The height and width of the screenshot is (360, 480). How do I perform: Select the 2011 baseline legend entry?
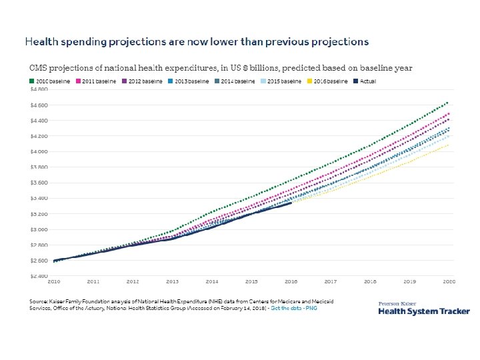point(97,81)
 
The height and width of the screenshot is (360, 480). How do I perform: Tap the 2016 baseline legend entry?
point(327,81)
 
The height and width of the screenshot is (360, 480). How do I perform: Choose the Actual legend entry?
point(365,81)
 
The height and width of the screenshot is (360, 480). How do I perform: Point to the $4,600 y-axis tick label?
point(39,105)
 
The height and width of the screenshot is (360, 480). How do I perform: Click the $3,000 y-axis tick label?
point(39,229)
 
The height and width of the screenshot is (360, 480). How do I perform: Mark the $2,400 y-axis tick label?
point(39,276)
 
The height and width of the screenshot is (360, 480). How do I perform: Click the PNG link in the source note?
point(312,309)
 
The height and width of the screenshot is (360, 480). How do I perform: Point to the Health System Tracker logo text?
point(424,311)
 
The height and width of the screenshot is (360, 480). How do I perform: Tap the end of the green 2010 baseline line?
point(447,103)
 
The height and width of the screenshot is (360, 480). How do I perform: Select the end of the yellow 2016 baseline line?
point(447,145)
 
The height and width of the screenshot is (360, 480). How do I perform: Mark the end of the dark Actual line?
point(291,203)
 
